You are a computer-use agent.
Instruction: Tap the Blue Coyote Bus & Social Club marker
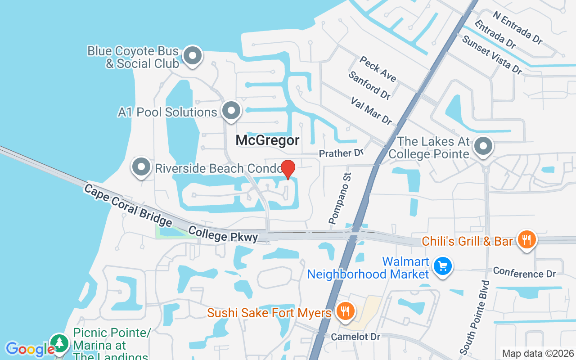click(193, 56)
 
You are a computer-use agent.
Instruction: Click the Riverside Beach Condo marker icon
click(141, 167)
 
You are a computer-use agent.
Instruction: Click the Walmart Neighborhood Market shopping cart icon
click(442, 266)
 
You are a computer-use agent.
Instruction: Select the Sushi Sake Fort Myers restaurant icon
click(345, 311)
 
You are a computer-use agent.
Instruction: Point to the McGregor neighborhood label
click(267, 140)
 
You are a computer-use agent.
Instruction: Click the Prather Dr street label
click(341, 153)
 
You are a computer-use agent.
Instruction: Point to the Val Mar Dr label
click(371, 110)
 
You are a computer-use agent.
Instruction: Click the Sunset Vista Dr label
click(492, 54)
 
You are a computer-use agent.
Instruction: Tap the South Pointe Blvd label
click(473, 317)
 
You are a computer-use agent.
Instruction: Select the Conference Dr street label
click(524, 272)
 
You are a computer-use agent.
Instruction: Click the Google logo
click(30, 349)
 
